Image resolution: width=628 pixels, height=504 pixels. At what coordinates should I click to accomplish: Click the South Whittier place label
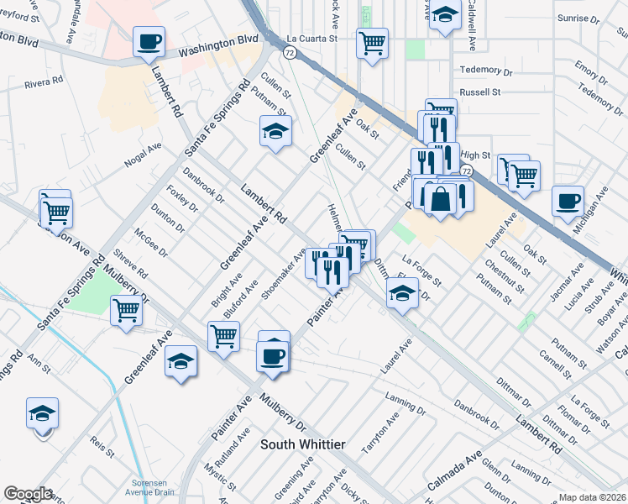(303, 444)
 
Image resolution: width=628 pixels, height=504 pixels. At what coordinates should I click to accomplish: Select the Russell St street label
(479, 92)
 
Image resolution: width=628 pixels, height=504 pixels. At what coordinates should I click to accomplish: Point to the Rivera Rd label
(44, 83)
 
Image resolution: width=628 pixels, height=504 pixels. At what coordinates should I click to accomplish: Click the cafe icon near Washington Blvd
(149, 41)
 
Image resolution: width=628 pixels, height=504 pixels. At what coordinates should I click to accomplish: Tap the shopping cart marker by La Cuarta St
(372, 42)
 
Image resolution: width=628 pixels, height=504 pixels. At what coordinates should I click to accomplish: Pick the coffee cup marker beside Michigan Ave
(568, 202)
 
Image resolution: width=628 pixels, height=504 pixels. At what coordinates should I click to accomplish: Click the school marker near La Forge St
(402, 294)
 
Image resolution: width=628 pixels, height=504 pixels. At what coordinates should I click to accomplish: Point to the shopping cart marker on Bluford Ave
(223, 337)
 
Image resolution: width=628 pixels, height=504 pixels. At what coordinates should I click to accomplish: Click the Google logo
(28, 494)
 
